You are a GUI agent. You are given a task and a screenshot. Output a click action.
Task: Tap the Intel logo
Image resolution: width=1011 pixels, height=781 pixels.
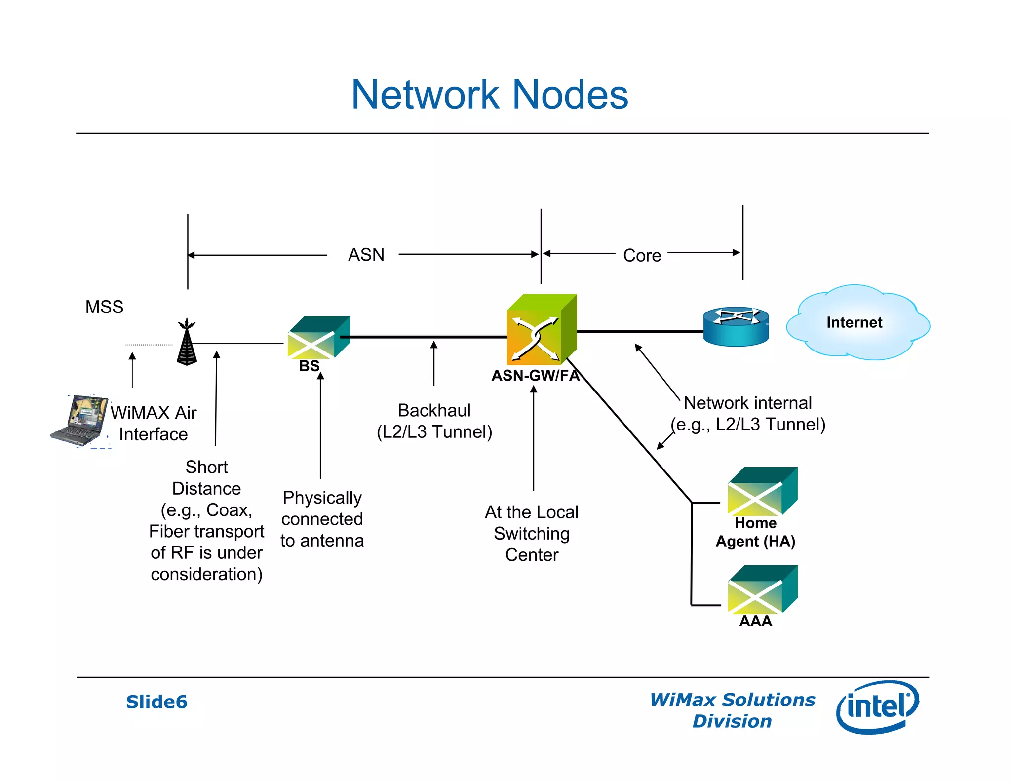[x=877, y=706]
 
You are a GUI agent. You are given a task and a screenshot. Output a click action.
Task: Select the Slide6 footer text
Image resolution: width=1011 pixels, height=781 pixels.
[x=156, y=702]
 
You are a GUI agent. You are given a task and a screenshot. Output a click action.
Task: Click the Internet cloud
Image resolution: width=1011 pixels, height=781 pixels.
[x=857, y=322]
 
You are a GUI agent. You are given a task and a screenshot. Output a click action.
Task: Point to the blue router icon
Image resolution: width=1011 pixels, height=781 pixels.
[x=736, y=326]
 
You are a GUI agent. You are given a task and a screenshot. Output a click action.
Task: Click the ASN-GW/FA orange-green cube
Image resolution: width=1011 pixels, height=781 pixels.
[x=541, y=330]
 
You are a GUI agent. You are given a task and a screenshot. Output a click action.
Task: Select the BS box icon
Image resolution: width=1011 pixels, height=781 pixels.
[x=318, y=338]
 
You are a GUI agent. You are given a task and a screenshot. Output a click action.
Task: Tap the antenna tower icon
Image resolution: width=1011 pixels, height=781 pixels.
[x=187, y=343]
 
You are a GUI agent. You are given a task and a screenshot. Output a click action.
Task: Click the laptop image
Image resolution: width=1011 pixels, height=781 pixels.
[x=80, y=420]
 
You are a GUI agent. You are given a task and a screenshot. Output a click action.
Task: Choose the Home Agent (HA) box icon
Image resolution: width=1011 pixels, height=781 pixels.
[x=762, y=492]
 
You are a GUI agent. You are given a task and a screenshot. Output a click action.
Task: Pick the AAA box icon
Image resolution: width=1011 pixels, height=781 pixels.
[x=762, y=589]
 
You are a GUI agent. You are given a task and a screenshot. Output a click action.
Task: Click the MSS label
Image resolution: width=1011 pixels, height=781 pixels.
[x=104, y=307]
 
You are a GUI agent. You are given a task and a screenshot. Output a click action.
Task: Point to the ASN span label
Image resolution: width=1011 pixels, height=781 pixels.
[x=366, y=255]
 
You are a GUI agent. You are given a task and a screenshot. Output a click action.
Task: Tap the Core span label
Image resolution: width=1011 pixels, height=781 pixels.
[x=642, y=255]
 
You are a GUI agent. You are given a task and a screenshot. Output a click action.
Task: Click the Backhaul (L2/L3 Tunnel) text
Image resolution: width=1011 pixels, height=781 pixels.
[x=434, y=421]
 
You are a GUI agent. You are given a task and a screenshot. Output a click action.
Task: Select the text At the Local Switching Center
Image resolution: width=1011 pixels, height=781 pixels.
[x=532, y=533]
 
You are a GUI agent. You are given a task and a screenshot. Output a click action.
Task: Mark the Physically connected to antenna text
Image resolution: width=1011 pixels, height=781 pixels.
[x=322, y=519]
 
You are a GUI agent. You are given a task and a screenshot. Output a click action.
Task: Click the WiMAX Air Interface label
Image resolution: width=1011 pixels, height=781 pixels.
[x=154, y=423]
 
